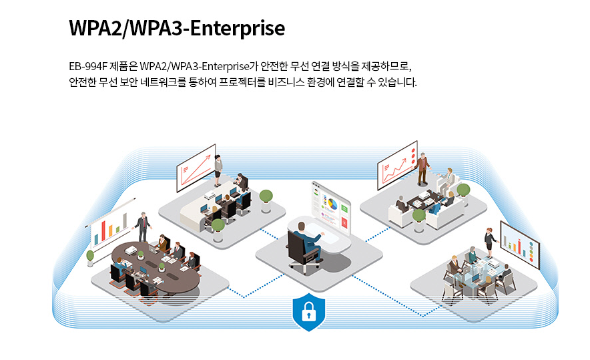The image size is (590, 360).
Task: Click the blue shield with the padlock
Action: pyautogui.click(x=308, y=312)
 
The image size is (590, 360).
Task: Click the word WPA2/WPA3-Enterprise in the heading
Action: pyautogui.click(x=177, y=28)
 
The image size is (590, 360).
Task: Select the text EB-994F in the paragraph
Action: pyautogui.click(x=88, y=66)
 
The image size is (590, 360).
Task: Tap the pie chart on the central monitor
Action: pyautogui.click(x=332, y=204)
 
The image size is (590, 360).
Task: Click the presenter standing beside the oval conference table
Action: pyautogui.click(x=143, y=227)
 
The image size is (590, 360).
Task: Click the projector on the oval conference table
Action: pyautogui.click(x=131, y=250)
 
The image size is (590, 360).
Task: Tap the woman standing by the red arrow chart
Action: pyautogui.click(x=218, y=170)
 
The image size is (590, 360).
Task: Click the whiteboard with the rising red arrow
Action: pyautogui.click(x=196, y=168)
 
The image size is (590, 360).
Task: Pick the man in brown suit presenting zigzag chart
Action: pyautogui.click(x=422, y=169)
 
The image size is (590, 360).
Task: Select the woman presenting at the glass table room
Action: pyautogui.click(x=490, y=243)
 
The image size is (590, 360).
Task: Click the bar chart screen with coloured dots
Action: pyautogui.click(x=520, y=244)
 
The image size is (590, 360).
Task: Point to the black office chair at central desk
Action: pyautogui.click(x=301, y=251)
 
